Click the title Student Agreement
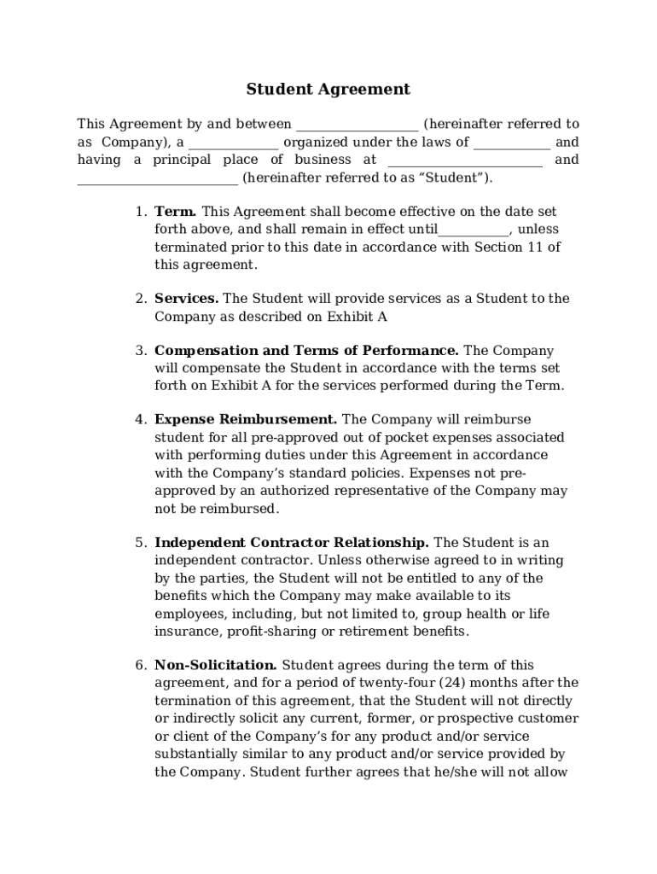(x=328, y=89)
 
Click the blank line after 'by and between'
(x=357, y=125)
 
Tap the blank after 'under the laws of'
(x=512, y=143)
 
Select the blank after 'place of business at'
(x=465, y=161)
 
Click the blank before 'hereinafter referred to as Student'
(x=158, y=179)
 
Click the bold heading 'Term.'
(x=176, y=211)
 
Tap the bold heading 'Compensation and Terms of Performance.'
(x=306, y=351)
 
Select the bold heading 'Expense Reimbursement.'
(x=246, y=420)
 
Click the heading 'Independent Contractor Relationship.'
(x=292, y=543)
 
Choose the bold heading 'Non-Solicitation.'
(x=215, y=665)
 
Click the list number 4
(x=141, y=420)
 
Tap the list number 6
(x=141, y=665)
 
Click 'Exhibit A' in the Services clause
(x=358, y=317)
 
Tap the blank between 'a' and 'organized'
(x=233, y=143)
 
